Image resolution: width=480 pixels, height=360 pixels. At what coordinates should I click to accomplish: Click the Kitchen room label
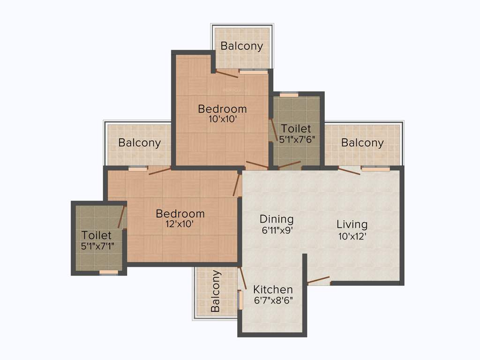click(273, 290)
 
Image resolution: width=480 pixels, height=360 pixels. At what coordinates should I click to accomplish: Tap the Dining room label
click(277, 219)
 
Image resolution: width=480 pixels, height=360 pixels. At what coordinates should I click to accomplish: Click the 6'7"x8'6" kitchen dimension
click(273, 301)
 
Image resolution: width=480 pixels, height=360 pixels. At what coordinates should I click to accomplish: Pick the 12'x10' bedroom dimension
click(180, 225)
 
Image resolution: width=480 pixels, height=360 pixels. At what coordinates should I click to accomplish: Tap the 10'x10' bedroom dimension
click(222, 120)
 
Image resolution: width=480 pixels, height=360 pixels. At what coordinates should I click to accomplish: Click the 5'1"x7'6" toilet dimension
click(296, 139)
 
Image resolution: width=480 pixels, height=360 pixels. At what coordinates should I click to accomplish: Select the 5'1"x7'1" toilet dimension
click(97, 246)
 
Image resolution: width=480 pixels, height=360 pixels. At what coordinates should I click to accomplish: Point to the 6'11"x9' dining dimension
click(277, 230)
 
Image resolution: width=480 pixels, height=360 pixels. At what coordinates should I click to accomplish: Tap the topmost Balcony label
click(242, 46)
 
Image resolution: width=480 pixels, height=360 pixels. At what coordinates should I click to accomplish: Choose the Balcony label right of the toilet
click(362, 142)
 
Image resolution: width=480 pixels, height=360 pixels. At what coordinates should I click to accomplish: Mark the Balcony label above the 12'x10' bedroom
click(139, 142)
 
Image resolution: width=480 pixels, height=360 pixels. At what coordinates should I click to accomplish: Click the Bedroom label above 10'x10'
click(222, 109)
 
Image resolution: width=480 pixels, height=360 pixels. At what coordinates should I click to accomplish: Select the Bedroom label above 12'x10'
click(180, 214)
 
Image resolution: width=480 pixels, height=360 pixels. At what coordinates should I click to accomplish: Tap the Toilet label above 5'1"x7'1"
click(97, 235)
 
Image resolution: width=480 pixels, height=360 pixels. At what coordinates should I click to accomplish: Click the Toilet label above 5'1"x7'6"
click(296, 128)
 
